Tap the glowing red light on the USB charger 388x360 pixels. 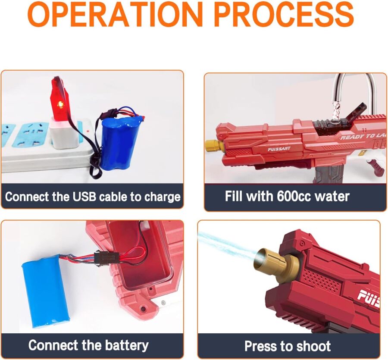tap(59, 104)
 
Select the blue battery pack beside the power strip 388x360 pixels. tap(119, 143)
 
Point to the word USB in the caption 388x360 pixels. tap(84, 197)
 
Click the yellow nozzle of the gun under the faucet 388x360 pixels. tap(213, 146)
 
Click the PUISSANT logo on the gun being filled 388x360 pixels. tap(279, 149)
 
